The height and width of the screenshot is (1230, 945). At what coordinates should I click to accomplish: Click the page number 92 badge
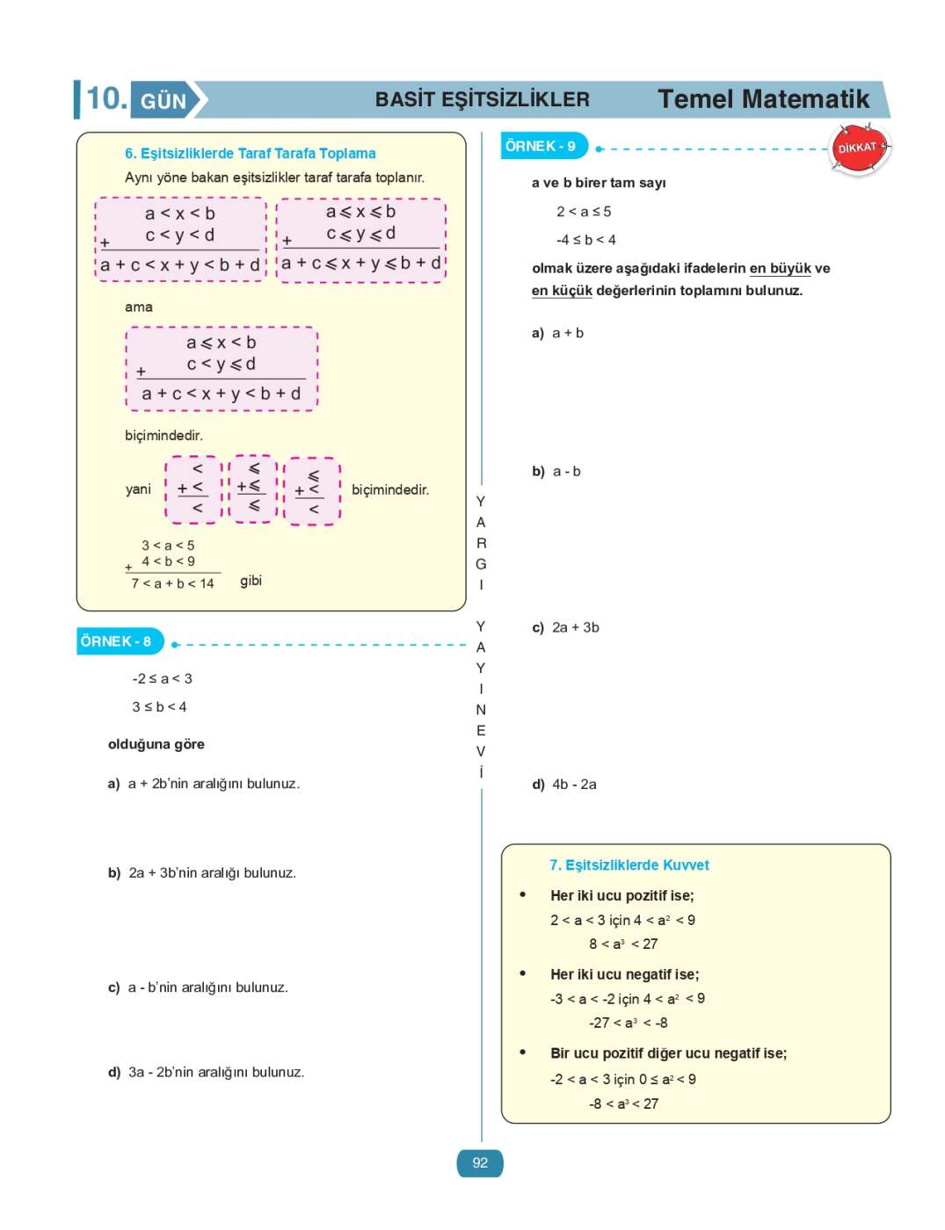[x=480, y=1163]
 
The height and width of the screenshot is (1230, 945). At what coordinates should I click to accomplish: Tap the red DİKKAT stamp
[x=859, y=148]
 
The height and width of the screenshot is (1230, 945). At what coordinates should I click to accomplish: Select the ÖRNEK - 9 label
[x=541, y=146]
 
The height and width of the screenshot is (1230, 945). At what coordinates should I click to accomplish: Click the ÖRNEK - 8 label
[x=116, y=641]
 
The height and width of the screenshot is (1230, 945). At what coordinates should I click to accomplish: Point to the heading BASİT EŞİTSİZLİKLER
[x=482, y=99]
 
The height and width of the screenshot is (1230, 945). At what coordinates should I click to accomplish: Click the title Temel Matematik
[x=763, y=99]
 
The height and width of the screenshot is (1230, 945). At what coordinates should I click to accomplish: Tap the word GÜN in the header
[x=164, y=101]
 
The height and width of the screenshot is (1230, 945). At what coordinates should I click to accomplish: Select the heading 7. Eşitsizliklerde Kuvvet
[x=629, y=865]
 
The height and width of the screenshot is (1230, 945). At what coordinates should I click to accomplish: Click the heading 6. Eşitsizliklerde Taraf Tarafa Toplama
[x=251, y=154]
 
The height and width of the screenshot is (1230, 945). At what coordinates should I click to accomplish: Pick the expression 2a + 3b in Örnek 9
[x=576, y=627]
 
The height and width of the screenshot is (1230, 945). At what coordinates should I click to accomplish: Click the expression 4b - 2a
[x=574, y=785]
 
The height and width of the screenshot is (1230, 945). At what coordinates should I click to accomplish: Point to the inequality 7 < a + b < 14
[x=173, y=583]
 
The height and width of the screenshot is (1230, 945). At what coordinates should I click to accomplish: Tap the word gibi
[x=251, y=581]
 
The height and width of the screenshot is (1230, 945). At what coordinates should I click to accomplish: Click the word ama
[x=139, y=307]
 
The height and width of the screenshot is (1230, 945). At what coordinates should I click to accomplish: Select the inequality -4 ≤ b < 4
[x=586, y=240]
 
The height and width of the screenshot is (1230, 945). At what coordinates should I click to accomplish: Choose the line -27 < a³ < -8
[x=628, y=1023]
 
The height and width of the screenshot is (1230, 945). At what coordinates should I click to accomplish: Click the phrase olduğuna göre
[x=156, y=744]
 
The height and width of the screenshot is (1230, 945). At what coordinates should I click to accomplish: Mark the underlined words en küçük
[x=562, y=291]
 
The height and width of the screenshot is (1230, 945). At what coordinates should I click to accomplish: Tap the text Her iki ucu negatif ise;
[x=625, y=974]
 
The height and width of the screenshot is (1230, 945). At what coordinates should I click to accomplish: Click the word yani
[x=138, y=489]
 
